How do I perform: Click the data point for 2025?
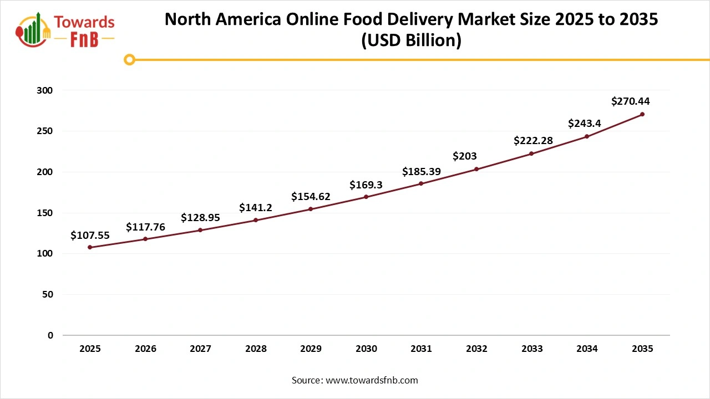(x=90, y=247)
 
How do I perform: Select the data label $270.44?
(x=630, y=101)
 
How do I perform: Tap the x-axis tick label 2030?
(x=366, y=349)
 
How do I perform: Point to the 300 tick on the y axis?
(x=46, y=90)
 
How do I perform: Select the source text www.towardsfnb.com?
(x=372, y=380)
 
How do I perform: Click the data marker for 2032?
(x=476, y=169)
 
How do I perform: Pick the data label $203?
(x=465, y=156)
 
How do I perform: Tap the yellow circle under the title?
(x=129, y=59)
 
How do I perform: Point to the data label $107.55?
(x=90, y=236)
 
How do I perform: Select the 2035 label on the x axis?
(x=642, y=349)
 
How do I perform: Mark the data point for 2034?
(x=587, y=136)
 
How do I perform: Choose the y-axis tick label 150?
(x=46, y=213)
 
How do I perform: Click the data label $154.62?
(x=311, y=197)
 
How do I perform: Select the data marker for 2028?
(x=256, y=220)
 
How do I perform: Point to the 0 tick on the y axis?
(x=50, y=335)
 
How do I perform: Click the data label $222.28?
(x=533, y=141)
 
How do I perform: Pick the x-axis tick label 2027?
(x=200, y=349)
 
